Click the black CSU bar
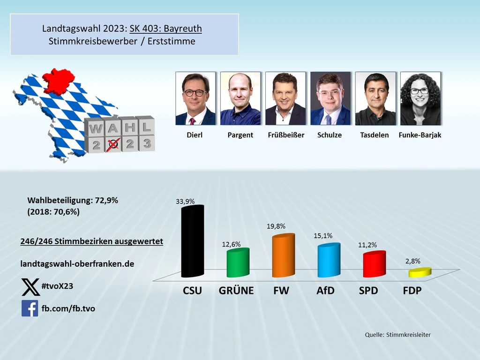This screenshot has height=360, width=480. coord(192,241)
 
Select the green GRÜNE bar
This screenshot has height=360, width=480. coord(238,263)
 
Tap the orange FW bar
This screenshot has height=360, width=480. coord(283,256)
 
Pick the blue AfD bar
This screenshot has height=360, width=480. coord(328,260)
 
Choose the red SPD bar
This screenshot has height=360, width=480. coord(374,264)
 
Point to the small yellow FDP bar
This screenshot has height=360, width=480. coord(419,272)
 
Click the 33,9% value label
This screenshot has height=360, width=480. coord(185,201)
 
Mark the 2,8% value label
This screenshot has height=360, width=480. coord(412,261)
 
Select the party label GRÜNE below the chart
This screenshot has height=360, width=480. coord(236,291)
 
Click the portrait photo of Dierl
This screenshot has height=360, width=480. coord(195,98)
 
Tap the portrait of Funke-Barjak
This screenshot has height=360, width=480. coord(420,98)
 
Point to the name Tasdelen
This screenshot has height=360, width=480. coord(375,135)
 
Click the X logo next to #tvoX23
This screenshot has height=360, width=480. coord(30,287)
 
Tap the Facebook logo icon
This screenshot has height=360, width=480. coord(30,308)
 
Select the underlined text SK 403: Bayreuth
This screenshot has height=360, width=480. coord(165,29)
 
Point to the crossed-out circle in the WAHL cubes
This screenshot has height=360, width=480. coord(112,145)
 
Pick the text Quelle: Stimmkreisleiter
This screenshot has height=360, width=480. coord(397,335)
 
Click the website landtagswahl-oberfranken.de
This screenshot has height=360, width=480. coord(77,264)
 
